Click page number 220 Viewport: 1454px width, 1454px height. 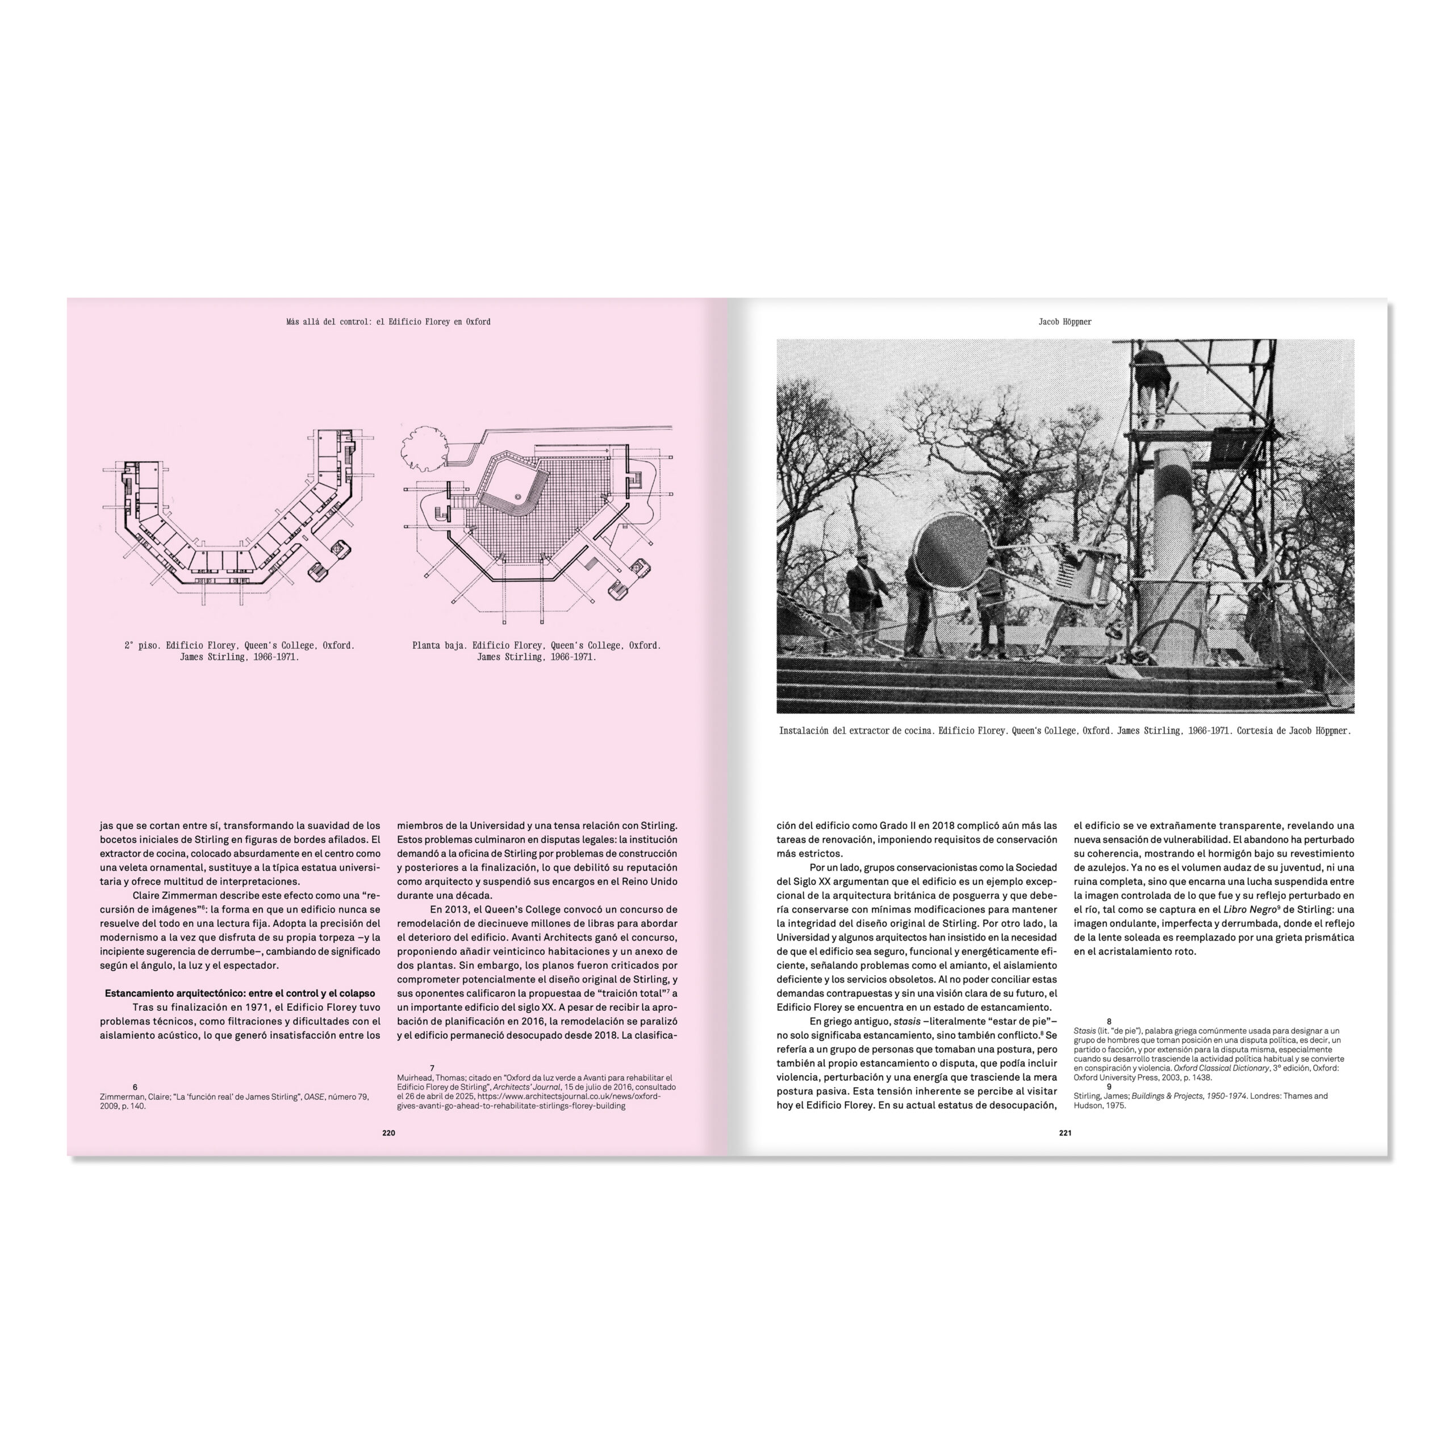click(x=388, y=1133)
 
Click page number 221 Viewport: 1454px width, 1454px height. click(x=1065, y=1133)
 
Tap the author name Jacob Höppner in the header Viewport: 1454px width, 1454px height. click(x=1065, y=321)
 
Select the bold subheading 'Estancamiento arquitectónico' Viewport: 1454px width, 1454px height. click(x=239, y=993)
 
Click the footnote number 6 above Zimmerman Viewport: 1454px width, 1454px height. click(x=135, y=1087)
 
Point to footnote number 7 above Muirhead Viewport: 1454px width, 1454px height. click(x=432, y=1068)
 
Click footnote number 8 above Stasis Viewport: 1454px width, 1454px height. click(x=1109, y=1021)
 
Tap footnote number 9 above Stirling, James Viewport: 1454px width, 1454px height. click(x=1109, y=1087)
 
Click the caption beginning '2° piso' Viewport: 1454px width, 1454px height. click(x=239, y=651)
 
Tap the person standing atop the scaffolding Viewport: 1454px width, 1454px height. click(x=1151, y=384)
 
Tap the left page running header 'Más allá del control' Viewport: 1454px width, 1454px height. click(x=388, y=321)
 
